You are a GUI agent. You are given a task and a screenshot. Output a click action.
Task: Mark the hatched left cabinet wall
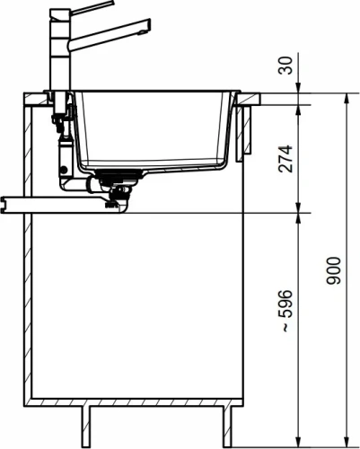pyautogui.click(x=30, y=269)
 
